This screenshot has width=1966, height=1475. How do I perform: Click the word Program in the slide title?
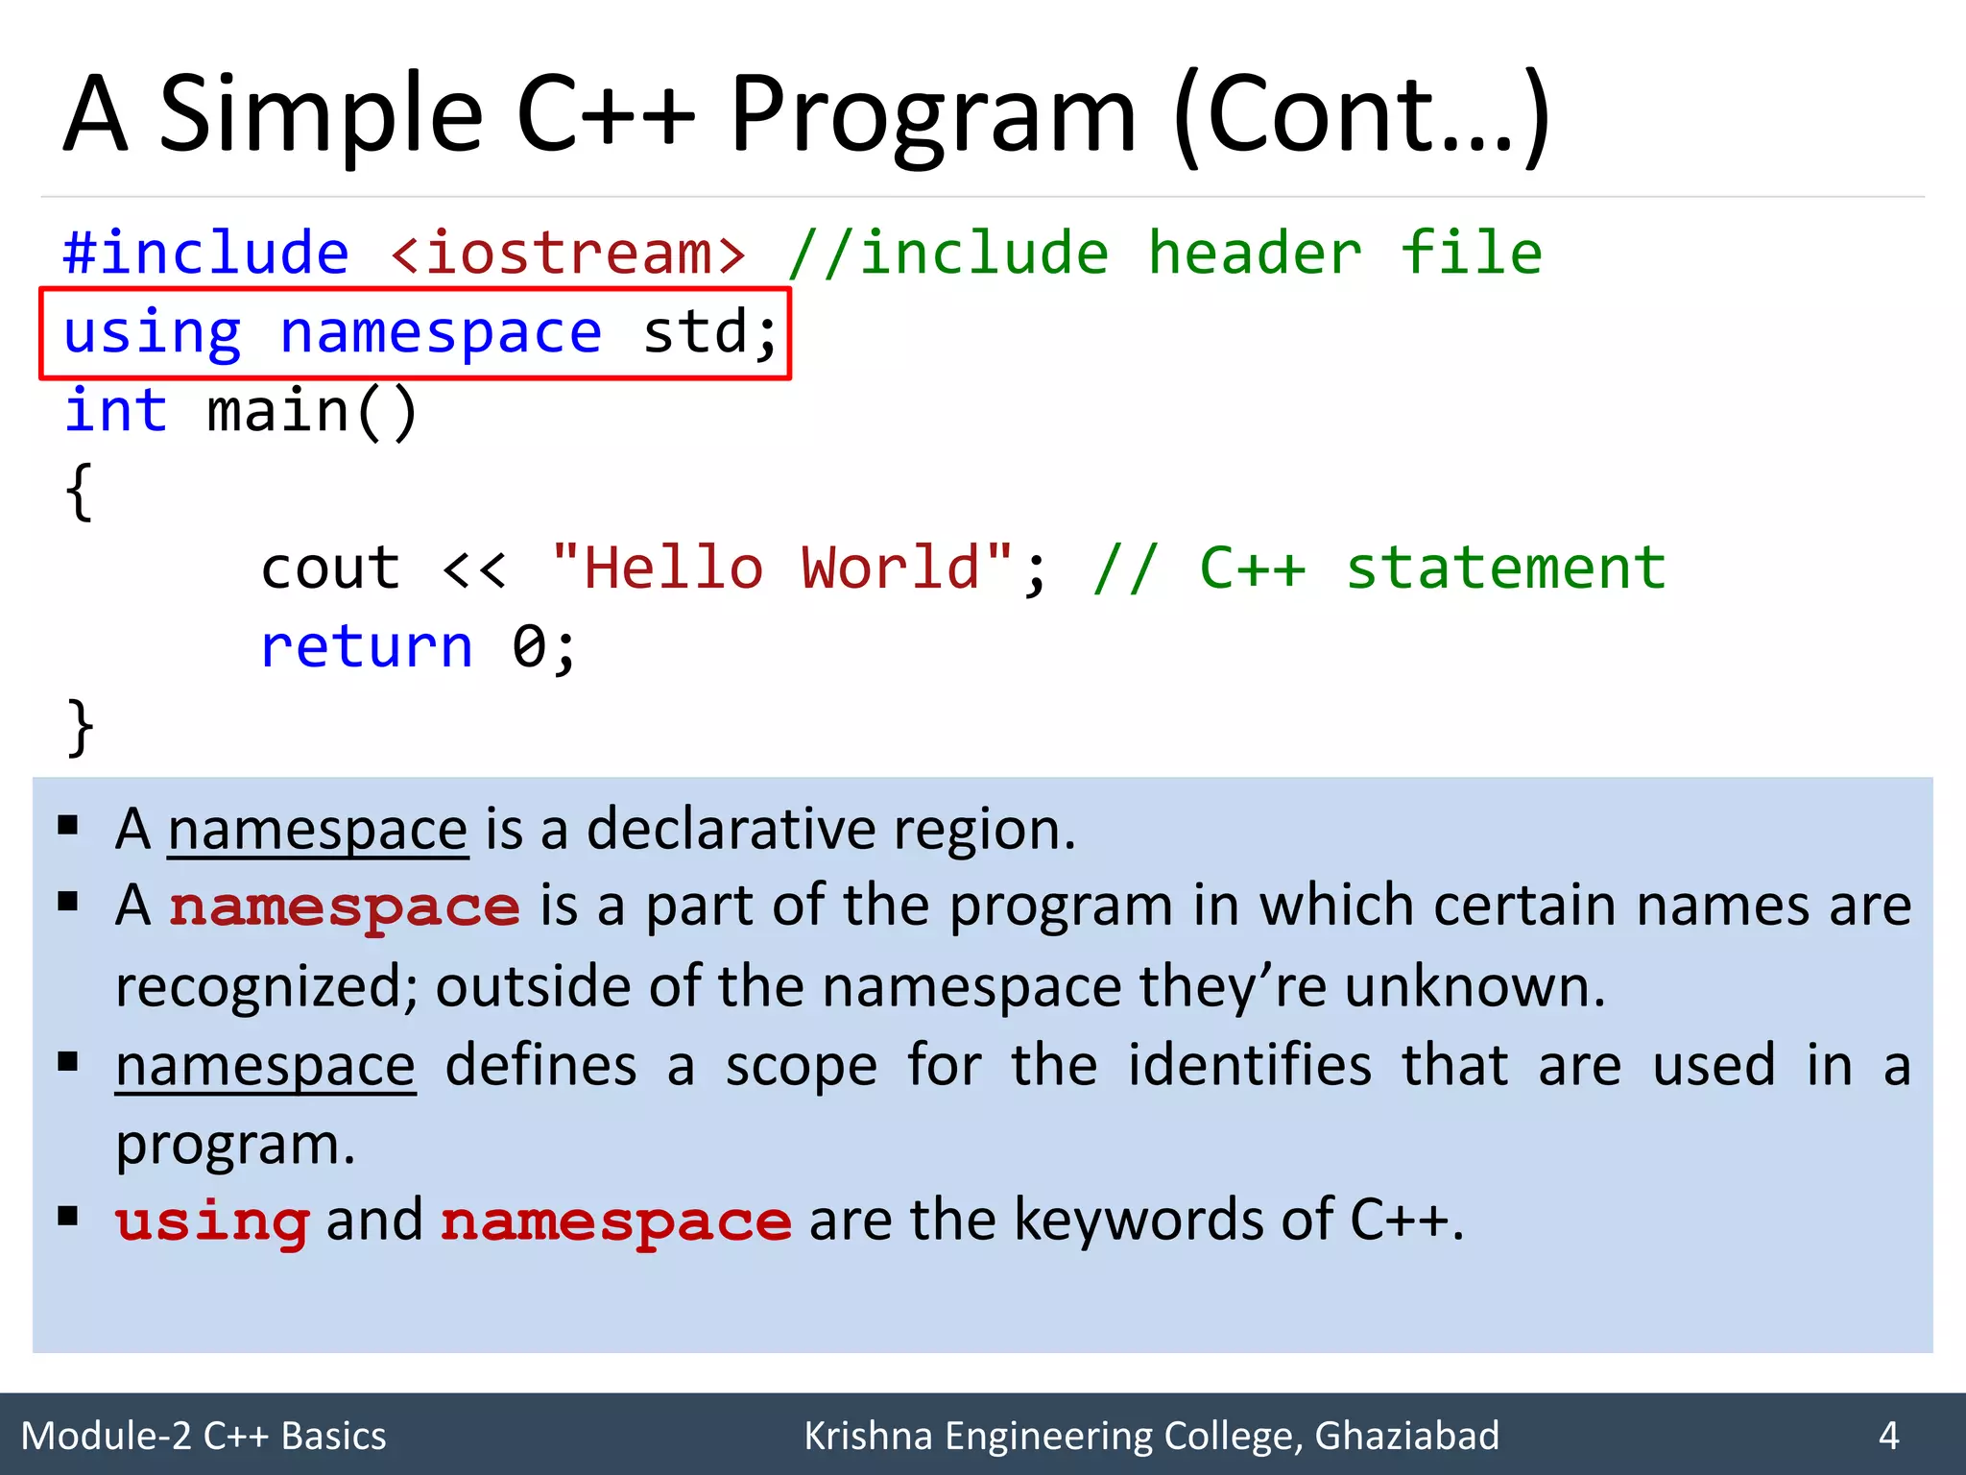pos(931,117)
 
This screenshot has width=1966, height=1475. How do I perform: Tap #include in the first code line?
pos(205,254)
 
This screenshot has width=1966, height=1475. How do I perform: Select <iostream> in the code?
pos(567,254)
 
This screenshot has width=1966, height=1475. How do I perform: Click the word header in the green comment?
pos(1255,254)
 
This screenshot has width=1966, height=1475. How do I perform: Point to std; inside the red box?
pos(709,333)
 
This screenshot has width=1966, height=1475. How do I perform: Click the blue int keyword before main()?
pos(115,411)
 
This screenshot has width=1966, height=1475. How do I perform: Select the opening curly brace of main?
pos(80,492)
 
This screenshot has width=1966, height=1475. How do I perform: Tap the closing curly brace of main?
pos(80,726)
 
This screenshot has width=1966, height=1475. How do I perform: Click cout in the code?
pos(329,568)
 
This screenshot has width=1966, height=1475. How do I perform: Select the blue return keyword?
pos(367,646)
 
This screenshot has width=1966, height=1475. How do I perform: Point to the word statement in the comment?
pos(1505,568)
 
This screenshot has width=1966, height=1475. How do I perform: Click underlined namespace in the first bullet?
pos(318,830)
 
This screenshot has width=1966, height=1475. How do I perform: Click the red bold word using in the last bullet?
pos(212,1222)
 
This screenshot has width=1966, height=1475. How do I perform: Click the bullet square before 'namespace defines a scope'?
pos(67,1062)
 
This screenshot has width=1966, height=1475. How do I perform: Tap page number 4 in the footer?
pos(1888,1436)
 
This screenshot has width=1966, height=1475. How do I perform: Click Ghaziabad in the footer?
pos(1406,1436)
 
